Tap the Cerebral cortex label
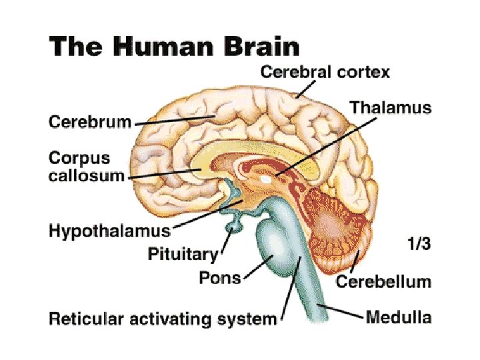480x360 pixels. (325, 72)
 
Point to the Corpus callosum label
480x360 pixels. (87, 167)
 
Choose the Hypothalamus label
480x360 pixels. (109, 231)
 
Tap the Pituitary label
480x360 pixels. (183, 253)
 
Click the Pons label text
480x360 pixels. (220, 277)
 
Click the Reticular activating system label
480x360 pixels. (163, 319)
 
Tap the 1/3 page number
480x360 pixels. (419, 244)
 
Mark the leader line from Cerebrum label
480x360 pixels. (173, 121)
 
